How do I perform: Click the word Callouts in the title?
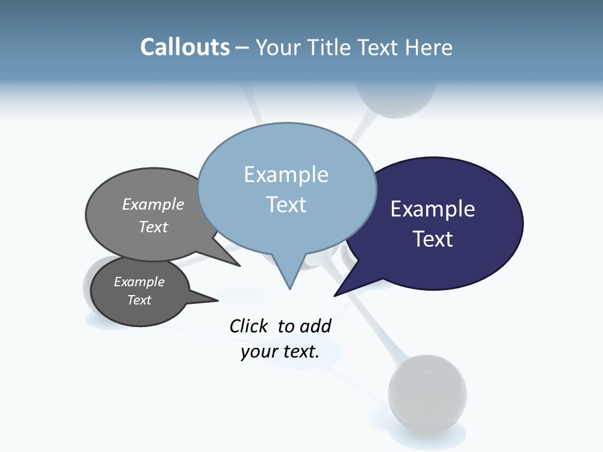coord(185,48)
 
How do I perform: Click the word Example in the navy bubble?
coord(432,209)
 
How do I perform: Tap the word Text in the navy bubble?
coord(432,239)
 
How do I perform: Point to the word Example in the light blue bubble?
coord(286,175)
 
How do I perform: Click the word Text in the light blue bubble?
coord(286,205)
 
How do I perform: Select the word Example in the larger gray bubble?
coord(153,205)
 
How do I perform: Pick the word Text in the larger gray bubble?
coord(153,227)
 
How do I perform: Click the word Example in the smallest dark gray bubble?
coord(139,282)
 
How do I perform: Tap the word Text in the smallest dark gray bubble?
coord(139,300)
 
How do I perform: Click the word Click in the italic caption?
coord(248,326)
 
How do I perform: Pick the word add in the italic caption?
coord(315,326)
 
